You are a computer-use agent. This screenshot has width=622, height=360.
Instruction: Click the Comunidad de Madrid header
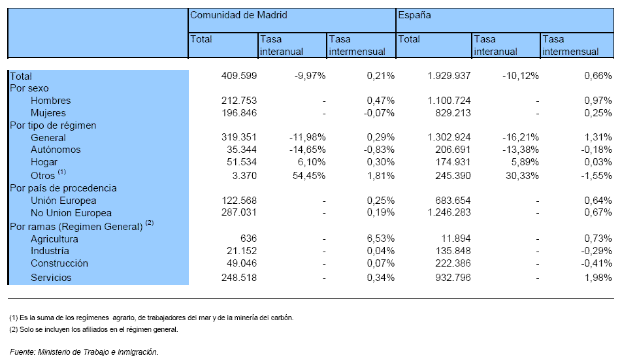pyautogui.click(x=238, y=15)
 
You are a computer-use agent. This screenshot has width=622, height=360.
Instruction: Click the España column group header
pyautogui.click(x=414, y=16)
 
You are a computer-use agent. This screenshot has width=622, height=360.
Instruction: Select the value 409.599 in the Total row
pyautogui.click(x=239, y=76)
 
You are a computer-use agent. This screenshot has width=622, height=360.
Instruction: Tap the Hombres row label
pyautogui.click(x=50, y=101)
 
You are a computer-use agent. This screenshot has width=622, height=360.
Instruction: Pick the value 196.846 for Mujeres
pyautogui.click(x=239, y=113)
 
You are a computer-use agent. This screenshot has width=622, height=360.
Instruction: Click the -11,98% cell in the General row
pyautogui.click(x=308, y=138)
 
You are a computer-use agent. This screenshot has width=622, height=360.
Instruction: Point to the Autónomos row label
pyautogui.click(x=56, y=150)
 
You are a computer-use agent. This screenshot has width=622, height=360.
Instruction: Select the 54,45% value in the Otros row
pyautogui.click(x=309, y=176)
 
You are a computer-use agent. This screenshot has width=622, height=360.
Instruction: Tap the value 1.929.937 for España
pyautogui.click(x=449, y=76)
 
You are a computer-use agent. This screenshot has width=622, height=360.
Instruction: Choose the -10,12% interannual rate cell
pyautogui.click(x=521, y=76)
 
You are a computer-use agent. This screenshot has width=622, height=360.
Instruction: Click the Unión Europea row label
pyautogui.click(x=63, y=201)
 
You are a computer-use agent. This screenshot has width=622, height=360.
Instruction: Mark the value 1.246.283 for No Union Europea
pyautogui.click(x=449, y=212)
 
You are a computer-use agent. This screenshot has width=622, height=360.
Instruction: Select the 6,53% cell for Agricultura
pyautogui.click(x=380, y=238)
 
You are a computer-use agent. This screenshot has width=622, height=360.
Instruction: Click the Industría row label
pyautogui.click(x=50, y=251)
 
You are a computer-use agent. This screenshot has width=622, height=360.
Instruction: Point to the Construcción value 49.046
pyautogui.click(x=242, y=263)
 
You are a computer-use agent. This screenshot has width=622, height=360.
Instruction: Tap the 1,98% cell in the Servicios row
pyautogui.click(x=598, y=278)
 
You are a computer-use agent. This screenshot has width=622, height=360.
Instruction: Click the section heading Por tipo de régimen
pyautogui.click(x=53, y=125)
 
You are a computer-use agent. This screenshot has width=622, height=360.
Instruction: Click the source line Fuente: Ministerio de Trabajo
pyautogui.click(x=84, y=352)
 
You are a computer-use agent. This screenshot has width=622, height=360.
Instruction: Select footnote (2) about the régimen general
pyautogui.click(x=93, y=329)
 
